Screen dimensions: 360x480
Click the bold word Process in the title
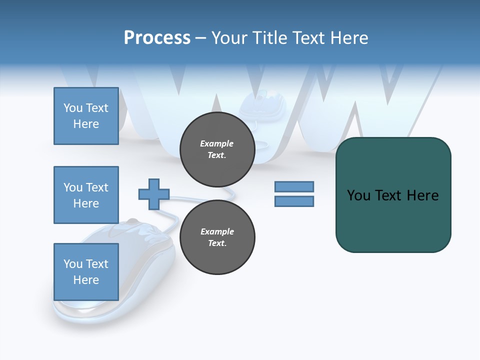157,38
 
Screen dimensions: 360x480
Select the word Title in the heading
269,38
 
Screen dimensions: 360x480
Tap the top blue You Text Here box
86,116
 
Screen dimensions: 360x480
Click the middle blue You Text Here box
86,195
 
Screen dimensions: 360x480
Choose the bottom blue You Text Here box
86,272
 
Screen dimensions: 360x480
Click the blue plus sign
154,194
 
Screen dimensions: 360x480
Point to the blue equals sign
294,194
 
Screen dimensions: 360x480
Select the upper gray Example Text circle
217,149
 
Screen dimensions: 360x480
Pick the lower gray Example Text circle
217,237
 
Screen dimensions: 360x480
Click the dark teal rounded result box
393,195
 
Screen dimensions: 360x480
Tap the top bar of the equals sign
294,187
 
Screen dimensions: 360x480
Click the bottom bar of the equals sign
294,201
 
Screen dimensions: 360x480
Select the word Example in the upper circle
217,143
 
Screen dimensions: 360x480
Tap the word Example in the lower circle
217,231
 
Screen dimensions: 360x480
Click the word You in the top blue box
73,108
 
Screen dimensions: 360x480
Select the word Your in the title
229,38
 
